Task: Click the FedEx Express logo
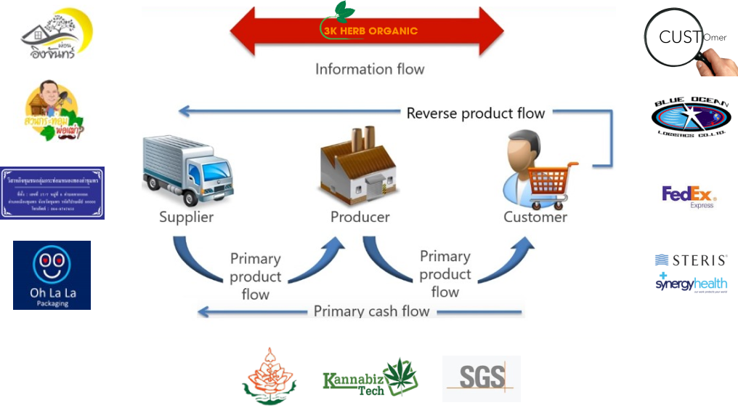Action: coord(689,197)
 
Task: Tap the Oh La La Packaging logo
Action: coord(52,275)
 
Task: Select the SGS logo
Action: coord(482,378)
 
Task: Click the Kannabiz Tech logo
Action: coord(370,377)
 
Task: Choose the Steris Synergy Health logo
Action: coord(691,272)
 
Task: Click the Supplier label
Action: coord(187,217)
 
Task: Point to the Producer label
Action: coord(360,217)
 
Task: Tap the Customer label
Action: coord(535,217)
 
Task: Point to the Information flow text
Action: coord(370,70)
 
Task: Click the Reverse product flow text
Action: coord(476,113)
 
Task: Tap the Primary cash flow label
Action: coord(371,311)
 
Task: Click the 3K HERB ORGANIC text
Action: coord(370,31)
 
